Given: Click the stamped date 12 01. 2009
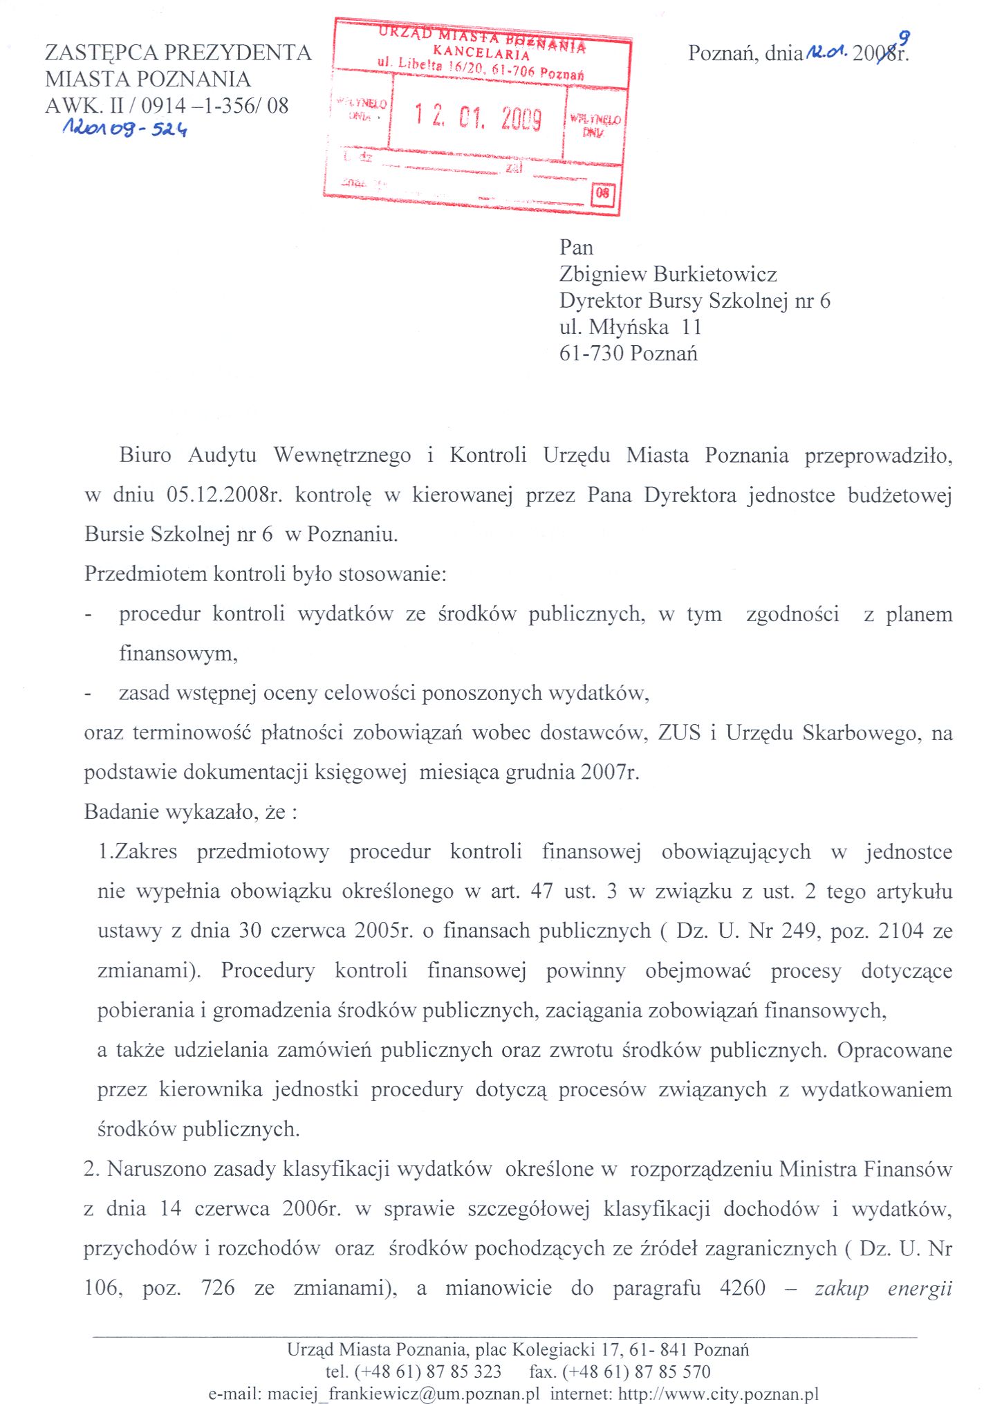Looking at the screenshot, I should pos(477,118).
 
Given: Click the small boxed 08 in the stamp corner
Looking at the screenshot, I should pos(602,194).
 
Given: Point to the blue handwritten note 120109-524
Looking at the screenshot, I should pos(125,128).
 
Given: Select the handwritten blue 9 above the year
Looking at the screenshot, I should pos(903,39).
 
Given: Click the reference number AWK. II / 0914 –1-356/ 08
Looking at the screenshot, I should pos(167,106).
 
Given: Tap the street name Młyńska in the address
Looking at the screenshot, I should pos(629,327).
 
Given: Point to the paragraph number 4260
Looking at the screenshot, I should pos(742,1288).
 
